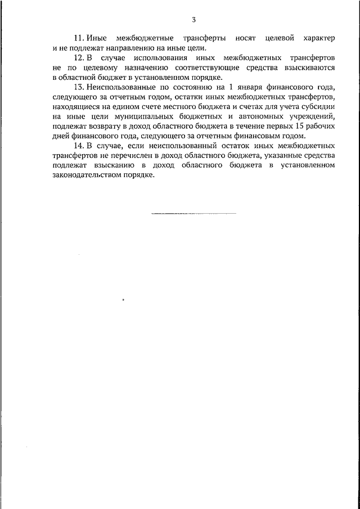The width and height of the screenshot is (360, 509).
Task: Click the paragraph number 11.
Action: tap(79, 38)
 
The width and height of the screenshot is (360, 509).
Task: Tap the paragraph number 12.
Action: tap(79, 58)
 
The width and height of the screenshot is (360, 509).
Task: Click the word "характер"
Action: tap(318, 38)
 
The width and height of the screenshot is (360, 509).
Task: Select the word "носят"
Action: tap(247, 38)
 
